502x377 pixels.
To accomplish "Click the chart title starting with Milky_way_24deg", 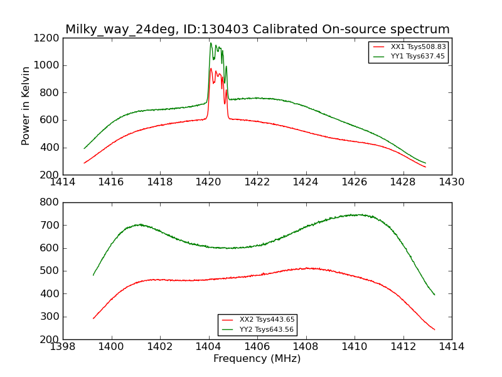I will tap(257, 30).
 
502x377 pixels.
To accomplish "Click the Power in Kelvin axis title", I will tap(26, 106).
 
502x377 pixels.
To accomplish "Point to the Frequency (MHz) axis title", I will tap(257, 359).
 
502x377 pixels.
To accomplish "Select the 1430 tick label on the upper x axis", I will tap(451, 182).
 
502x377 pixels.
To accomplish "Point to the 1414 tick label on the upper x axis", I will tap(63, 182).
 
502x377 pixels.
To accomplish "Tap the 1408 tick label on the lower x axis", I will tap(306, 347).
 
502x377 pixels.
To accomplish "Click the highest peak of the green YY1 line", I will tap(211, 43).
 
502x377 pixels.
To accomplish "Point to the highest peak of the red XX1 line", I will tap(211, 68).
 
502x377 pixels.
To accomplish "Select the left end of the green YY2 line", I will tap(93, 275).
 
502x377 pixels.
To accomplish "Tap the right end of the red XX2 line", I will tap(434, 330).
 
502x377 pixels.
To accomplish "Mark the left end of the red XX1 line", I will tap(84, 163).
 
